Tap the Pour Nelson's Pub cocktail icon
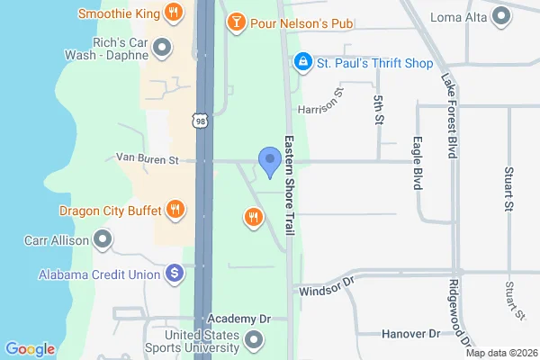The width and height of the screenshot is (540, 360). pyautogui.click(x=235, y=21)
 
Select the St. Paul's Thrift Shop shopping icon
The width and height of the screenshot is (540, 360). pyautogui.click(x=303, y=62)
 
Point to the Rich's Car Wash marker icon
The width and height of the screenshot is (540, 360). pyautogui.click(x=162, y=46)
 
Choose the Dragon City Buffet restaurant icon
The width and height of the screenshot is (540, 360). pyautogui.click(x=175, y=211)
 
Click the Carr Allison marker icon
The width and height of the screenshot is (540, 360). pyautogui.click(x=103, y=239)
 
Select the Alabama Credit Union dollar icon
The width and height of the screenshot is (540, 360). pyautogui.click(x=175, y=273)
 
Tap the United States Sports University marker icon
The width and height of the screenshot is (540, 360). pyautogui.click(x=255, y=340)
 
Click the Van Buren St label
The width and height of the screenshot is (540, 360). pyautogui.click(x=148, y=158)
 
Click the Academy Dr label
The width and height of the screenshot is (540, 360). pyautogui.click(x=238, y=319)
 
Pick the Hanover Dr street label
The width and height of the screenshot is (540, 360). pyautogui.click(x=409, y=334)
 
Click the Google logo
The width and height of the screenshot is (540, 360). pyautogui.click(x=31, y=348)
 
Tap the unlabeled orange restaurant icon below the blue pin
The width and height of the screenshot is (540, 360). pyautogui.click(x=254, y=216)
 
